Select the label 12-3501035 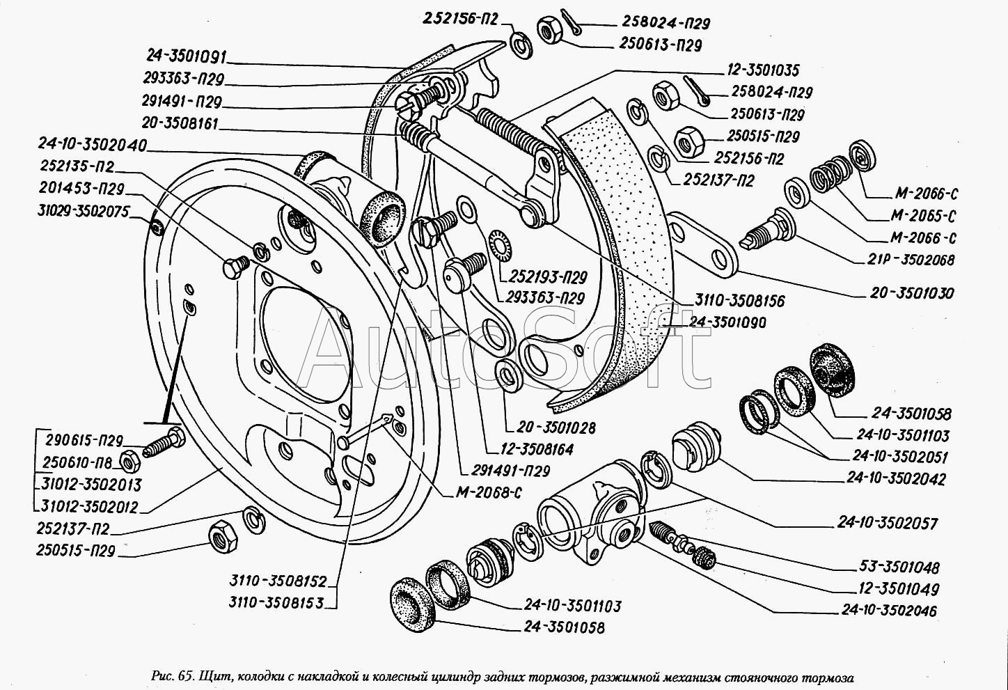point(753,70)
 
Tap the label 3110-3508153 point(276,603)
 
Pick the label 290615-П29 point(84,441)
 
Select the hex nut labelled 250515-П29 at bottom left point(223,535)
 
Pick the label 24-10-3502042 point(897,479)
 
